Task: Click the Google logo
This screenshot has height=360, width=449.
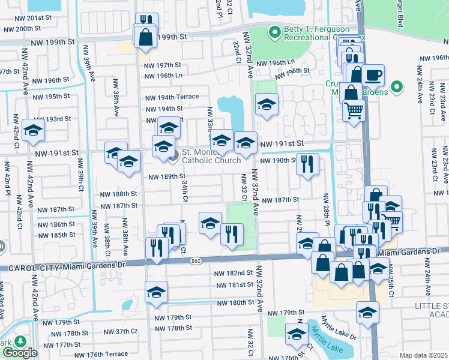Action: point(20,353)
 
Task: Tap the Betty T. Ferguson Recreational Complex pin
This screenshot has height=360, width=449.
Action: point(274,31)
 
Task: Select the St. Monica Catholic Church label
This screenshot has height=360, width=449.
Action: point(211,155)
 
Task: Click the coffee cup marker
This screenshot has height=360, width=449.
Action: point(373,75)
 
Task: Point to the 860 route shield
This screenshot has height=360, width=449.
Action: point(196,261)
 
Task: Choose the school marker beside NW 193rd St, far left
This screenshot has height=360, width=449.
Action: point(33,130)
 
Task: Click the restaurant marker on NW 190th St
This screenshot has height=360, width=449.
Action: point(307,164)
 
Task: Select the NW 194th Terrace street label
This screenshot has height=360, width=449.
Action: point(172,97)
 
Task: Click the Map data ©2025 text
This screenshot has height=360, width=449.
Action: point(423,355)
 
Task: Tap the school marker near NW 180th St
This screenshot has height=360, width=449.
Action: point(156,292)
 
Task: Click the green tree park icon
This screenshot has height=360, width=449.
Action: point(20,341)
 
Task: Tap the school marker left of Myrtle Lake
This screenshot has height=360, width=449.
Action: point(296,334)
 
